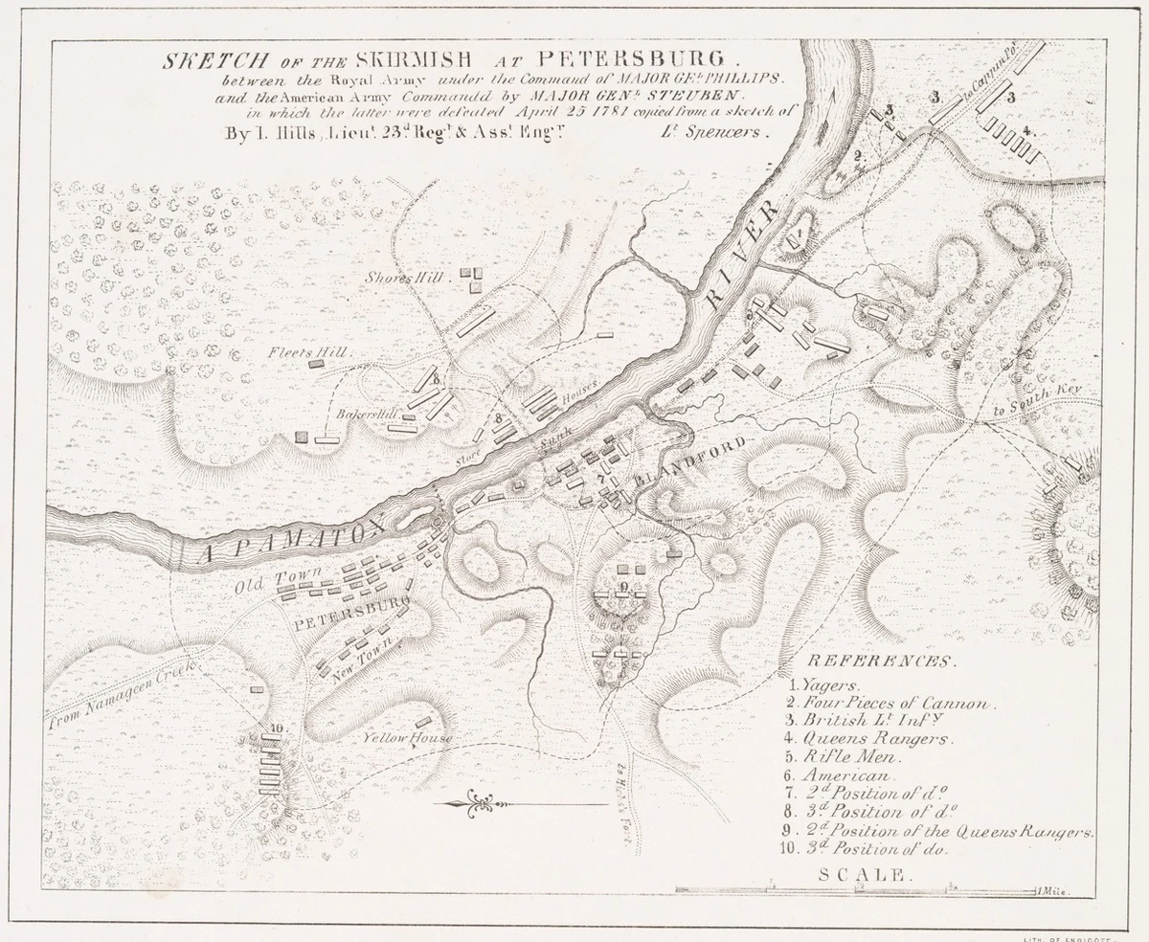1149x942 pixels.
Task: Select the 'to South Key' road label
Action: (x=1036, y=402)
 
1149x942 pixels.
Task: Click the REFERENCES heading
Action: (x=881, y=662)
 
